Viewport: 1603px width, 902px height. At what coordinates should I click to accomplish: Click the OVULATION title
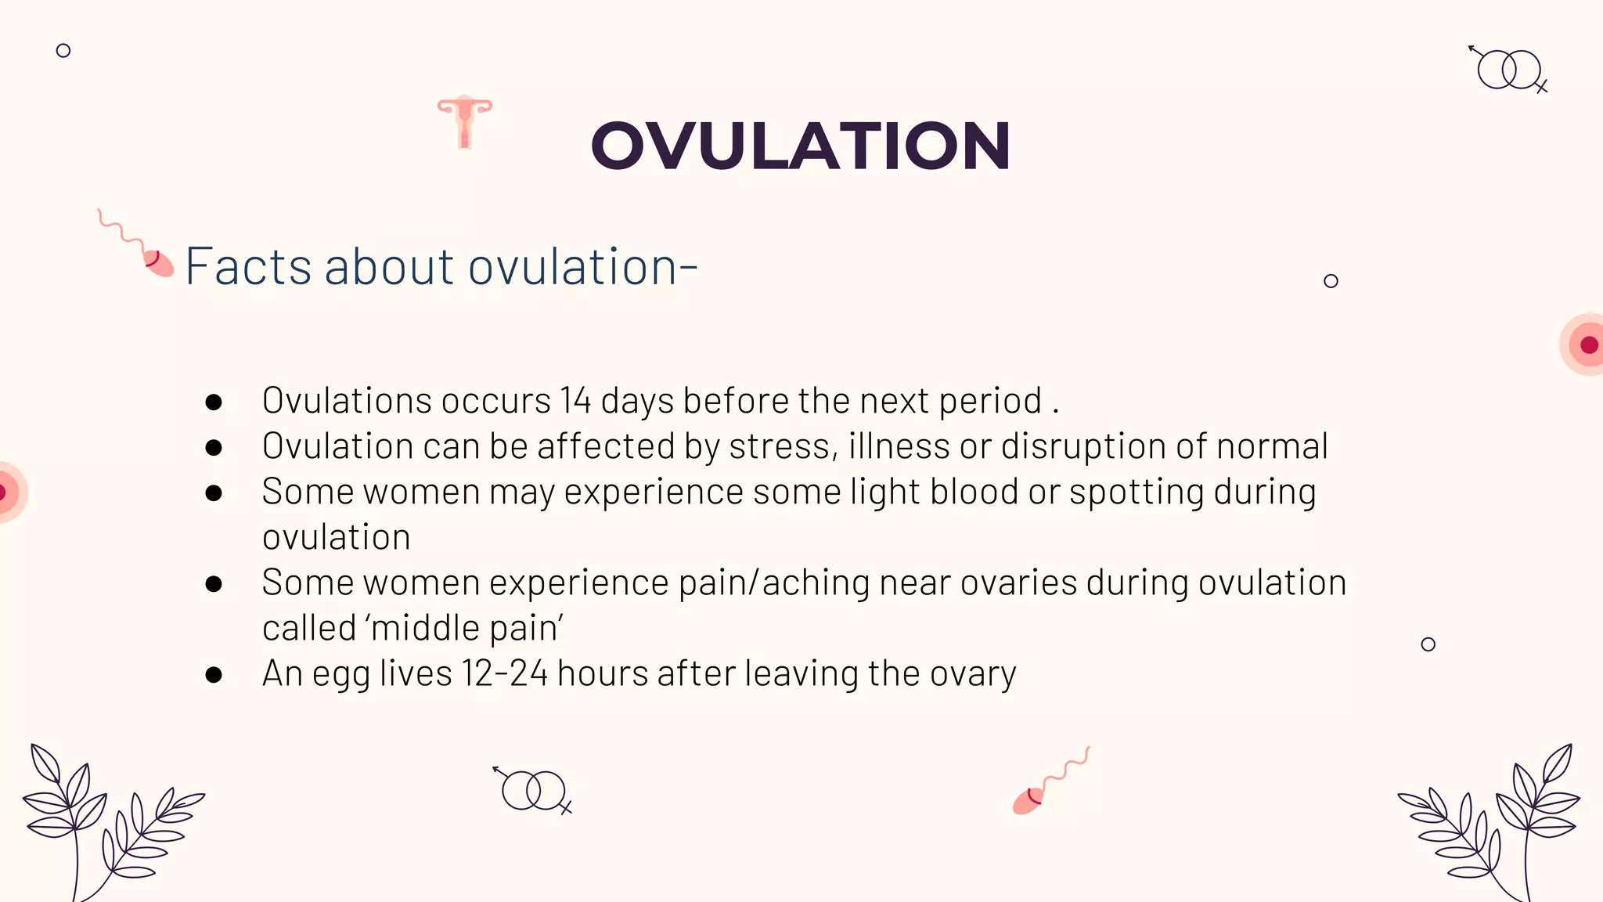coord(800,146)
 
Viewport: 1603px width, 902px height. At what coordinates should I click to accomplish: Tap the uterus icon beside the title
coord(465,121)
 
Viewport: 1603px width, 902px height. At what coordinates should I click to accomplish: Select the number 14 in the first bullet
coord(575,401)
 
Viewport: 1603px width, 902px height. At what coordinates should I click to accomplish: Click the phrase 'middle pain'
coord(466,628)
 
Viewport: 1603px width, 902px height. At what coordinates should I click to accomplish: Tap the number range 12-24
coord(505,673)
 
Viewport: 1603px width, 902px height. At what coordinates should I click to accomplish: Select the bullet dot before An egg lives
coord(214,674)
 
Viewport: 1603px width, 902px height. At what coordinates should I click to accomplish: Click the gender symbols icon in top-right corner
coord(1508,70)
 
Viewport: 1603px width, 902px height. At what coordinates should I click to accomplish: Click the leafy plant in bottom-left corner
coord(102,822)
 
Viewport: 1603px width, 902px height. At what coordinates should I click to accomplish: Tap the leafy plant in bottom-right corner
coord(1495,822)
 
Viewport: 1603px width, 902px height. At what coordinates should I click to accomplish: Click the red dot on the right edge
coord(1588,345)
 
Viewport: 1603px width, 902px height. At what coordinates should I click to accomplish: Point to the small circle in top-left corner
coord(63,51)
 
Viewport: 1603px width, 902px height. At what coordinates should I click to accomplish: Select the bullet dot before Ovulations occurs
coord(214,402)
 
